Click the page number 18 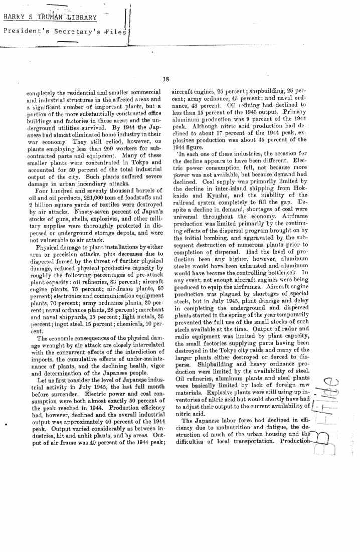pyautogui.click(x=166, y=78)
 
